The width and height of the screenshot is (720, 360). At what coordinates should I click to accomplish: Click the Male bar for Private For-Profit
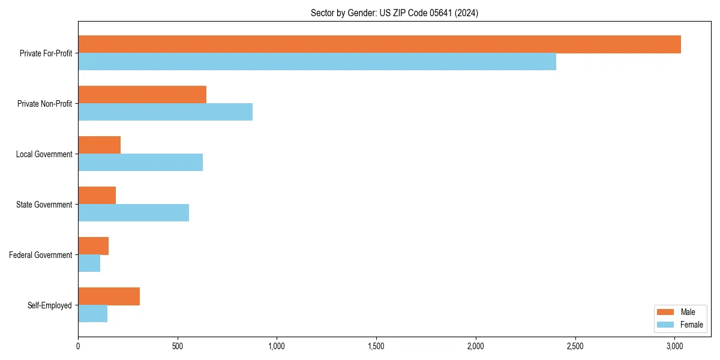379,44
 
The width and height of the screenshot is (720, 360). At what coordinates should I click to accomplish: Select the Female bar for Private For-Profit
317,62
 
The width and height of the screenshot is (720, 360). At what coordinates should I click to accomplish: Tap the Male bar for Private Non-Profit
142,95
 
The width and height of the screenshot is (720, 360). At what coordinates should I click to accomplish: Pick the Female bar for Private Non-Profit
165,112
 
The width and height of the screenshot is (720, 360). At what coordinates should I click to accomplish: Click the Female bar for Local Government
140,163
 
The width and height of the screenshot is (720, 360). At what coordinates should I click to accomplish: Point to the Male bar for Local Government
99,145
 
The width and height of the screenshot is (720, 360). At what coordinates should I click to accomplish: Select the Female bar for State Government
133,213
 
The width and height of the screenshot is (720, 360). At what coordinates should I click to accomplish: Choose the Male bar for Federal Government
93,246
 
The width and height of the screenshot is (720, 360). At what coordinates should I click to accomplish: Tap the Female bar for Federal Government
89,263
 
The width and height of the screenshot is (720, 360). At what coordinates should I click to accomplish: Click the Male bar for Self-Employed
109,296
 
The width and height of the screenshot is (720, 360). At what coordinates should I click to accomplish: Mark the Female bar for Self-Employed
92,314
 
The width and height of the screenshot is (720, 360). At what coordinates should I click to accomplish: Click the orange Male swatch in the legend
666,312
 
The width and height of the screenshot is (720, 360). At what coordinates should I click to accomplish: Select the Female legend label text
691,325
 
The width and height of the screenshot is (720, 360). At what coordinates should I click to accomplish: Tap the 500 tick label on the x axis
178,346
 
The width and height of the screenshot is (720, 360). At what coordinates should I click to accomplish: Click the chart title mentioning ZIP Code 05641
394,13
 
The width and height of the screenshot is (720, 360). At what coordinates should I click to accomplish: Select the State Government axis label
44,205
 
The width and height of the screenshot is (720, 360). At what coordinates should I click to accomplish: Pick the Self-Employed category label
49,305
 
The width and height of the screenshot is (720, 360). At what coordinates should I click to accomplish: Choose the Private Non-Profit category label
44,104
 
